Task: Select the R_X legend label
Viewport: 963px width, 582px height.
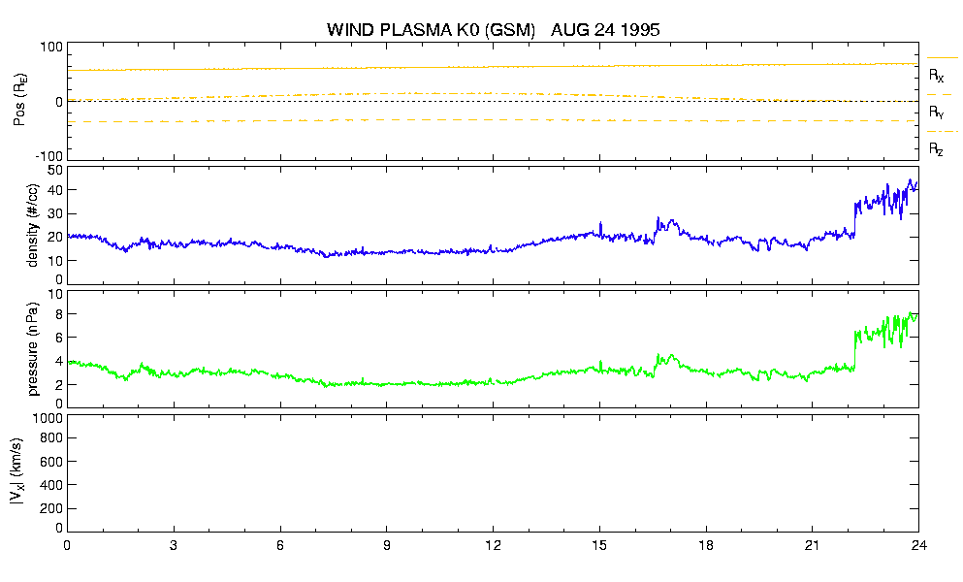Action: coord(936,76)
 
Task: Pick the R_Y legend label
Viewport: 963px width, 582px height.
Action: coord(936,112)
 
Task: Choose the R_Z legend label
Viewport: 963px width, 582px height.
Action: coord(936,148)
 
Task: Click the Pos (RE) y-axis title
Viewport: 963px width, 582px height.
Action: coord(19,100)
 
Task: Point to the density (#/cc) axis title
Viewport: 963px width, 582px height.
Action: coord(32,226)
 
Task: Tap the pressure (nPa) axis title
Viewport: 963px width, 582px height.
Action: coord(32,348)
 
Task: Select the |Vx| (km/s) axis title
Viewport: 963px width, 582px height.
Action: coord(17,472)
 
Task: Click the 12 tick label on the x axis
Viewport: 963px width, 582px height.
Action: coord(493,545)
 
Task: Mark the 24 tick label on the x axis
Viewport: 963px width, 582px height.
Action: coord(918,545)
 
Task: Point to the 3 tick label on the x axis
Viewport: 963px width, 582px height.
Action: coord(174,545)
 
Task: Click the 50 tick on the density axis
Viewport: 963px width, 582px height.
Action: coord(55,171)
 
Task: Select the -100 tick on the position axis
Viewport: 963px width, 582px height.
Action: coord(49,156)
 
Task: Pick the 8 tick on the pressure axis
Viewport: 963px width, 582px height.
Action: coord(59,314)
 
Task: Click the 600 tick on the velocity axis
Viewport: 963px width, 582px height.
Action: coord(52,462)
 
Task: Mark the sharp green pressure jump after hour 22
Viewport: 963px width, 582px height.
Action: coord(855,350)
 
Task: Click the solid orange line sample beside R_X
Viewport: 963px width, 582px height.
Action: coord(942,58)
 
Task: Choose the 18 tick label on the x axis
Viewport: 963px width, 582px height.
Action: coord(706,545)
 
